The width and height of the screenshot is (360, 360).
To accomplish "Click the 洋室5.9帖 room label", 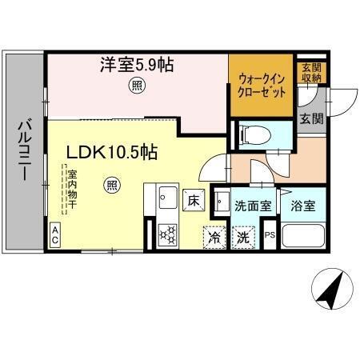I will click(137, 63).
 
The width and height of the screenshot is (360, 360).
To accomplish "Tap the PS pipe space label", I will click(270, 236).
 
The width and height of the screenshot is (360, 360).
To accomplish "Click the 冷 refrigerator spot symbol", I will click(214, 237).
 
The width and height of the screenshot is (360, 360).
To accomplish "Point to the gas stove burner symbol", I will click(169, 234).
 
